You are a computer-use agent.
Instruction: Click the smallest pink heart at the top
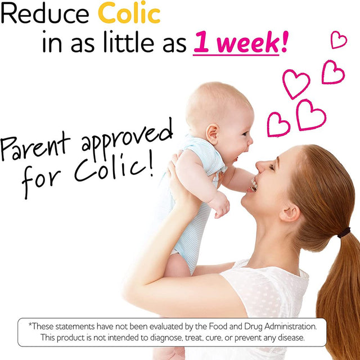[x=339, y=39]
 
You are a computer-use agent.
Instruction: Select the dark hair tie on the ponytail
[x=344, y=232]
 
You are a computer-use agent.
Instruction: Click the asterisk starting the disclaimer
[x=30, y=325]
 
